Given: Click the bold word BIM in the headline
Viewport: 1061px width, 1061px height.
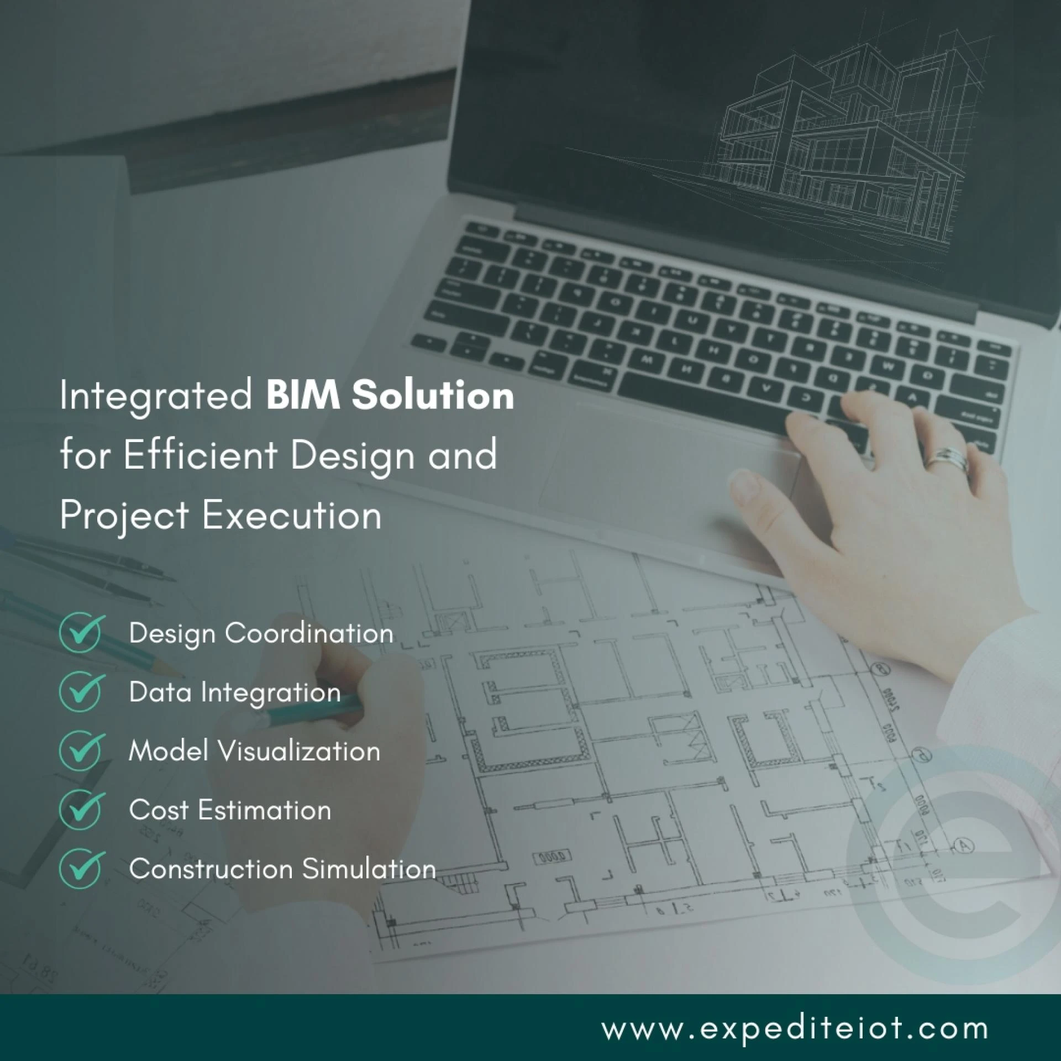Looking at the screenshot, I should (x=303, y=396).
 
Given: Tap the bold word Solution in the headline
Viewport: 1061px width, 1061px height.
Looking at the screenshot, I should (x=433, y=396).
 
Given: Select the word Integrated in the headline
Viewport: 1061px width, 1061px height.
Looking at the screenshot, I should (x=156, y=397).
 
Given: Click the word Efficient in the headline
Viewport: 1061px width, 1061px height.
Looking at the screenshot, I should (x=200, y=455).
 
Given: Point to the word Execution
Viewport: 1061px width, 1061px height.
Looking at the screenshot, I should (x=291, y=516).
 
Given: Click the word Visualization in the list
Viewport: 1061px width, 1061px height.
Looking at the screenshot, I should (x=298, y=751).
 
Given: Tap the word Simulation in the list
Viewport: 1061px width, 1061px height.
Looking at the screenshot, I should (x=369, y=869).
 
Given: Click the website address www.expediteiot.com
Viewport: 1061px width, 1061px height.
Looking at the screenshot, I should (x=795, y=1028).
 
